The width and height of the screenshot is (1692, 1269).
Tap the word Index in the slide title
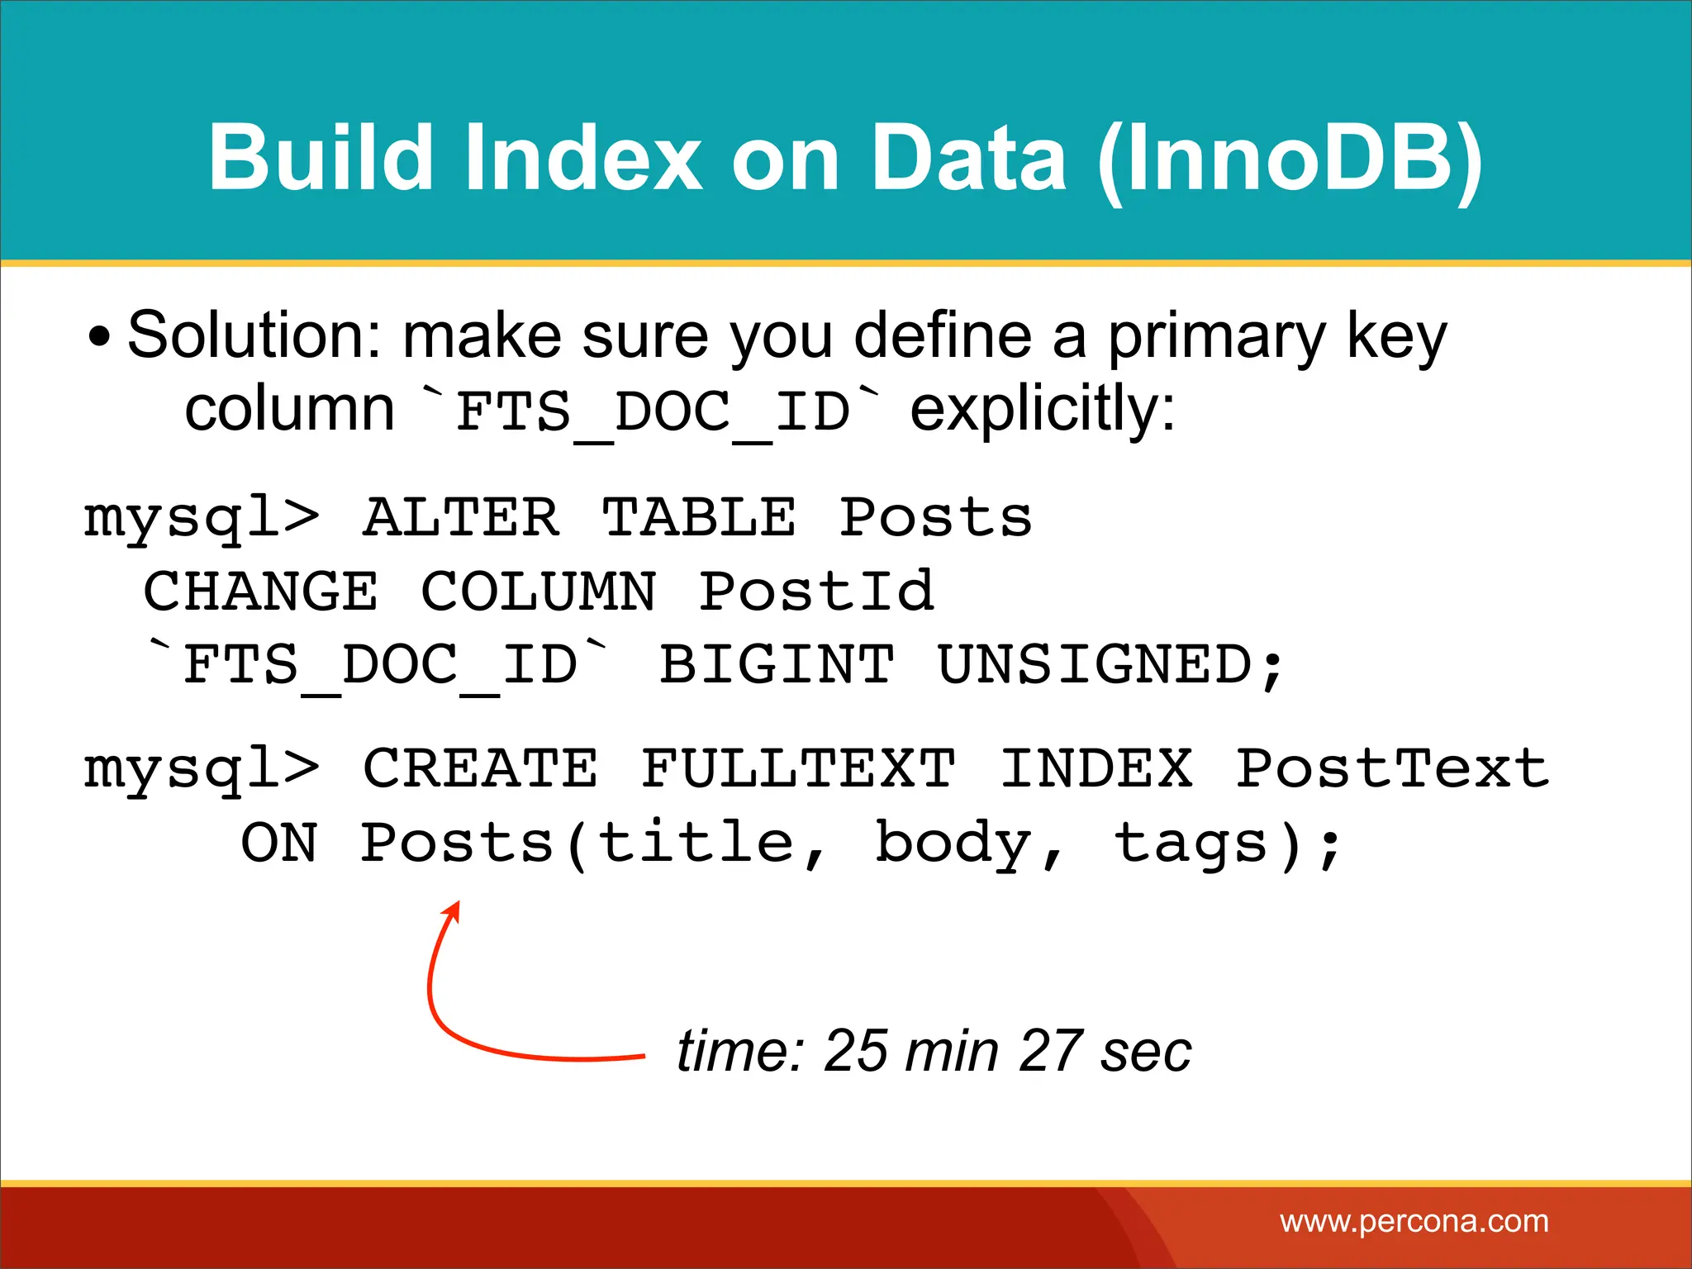pos(582,159)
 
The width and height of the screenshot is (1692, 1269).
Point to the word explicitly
pos(1043,410)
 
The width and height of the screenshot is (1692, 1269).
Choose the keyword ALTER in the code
pos(461,519)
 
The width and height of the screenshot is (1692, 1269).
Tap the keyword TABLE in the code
pos(699,519)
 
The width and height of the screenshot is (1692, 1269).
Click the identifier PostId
pos(816,592)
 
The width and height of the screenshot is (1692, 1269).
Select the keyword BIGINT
pos(777,664)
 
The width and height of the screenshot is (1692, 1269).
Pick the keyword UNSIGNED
pos(1096,664)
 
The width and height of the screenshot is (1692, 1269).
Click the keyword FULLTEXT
pos(798,768)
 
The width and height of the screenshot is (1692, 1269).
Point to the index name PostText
pos(1391,768)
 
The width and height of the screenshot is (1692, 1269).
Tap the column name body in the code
pos(953,843)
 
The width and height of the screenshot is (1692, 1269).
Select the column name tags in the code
pos(1190,843)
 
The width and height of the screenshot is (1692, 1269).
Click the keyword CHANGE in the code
pos(261,592)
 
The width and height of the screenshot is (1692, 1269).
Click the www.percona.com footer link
pos(1414,1221)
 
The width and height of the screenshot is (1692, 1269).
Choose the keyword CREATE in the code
pos(480,768)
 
